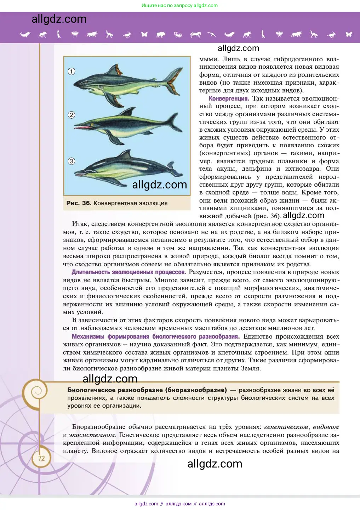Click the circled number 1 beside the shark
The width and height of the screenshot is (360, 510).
pyautogui.click(x=72, y=72)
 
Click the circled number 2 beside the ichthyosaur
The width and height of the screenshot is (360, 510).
pyautogui.click(x=72, y=115)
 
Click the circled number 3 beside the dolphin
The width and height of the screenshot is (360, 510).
pyautogui.click(x=72, y=161)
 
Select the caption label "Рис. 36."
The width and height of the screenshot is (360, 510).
pyautogui.click(x=79, y=203)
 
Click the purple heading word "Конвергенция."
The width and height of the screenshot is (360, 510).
pyautogui.click(x=229, y=98)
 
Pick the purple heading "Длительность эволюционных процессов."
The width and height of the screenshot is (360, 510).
pyautogui.click(x=129, y=272)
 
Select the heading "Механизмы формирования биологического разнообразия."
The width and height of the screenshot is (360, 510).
pyautogui.click(x=156, y=336)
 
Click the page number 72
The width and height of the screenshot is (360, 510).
pyautogui.click(x=41, y=458)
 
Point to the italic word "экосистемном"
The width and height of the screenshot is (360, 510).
pyautogui.click(x=92, y=435)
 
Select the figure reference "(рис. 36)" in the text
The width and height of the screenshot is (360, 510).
pyautogui.click(x=267, y=216)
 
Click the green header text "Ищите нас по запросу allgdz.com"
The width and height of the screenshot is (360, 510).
pyautogui.click(x=179, y=6)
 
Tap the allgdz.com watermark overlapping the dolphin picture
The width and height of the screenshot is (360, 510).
pyautogui.click(x=159, y=185)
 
